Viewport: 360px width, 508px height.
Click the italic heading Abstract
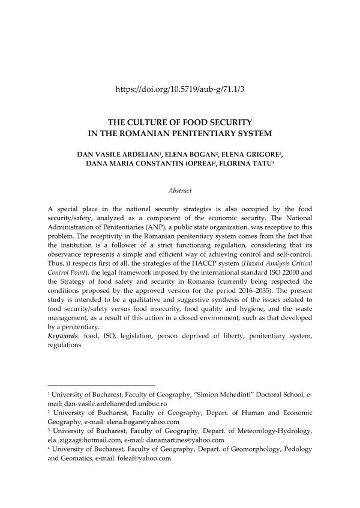pos(180,191)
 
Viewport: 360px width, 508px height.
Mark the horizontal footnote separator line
pos(101,385)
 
